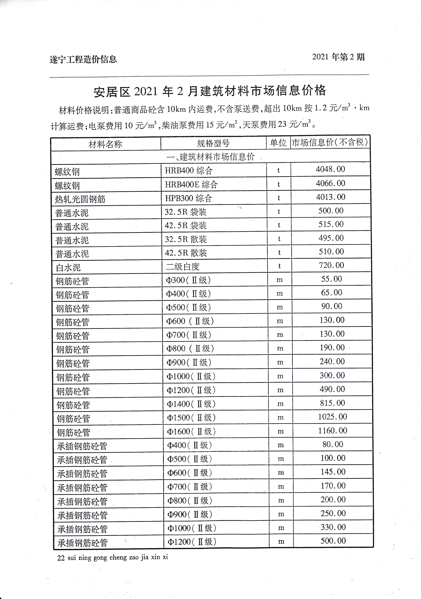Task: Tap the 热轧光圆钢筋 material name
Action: coord(80,199)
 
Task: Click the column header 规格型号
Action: coord(213,143)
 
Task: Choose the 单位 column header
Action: coord(278,143)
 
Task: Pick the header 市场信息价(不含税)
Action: coord(330,142)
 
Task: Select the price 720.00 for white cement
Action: coord(331,265)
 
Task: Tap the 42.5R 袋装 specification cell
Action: coord(185,225)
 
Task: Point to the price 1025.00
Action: coord(332,417)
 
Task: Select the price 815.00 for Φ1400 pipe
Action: coord(332,403)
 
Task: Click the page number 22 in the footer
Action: coord(61,558)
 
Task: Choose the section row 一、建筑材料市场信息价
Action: coord(210,157)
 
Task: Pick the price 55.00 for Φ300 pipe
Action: coord(331,279)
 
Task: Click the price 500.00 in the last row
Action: coord(333,540)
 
